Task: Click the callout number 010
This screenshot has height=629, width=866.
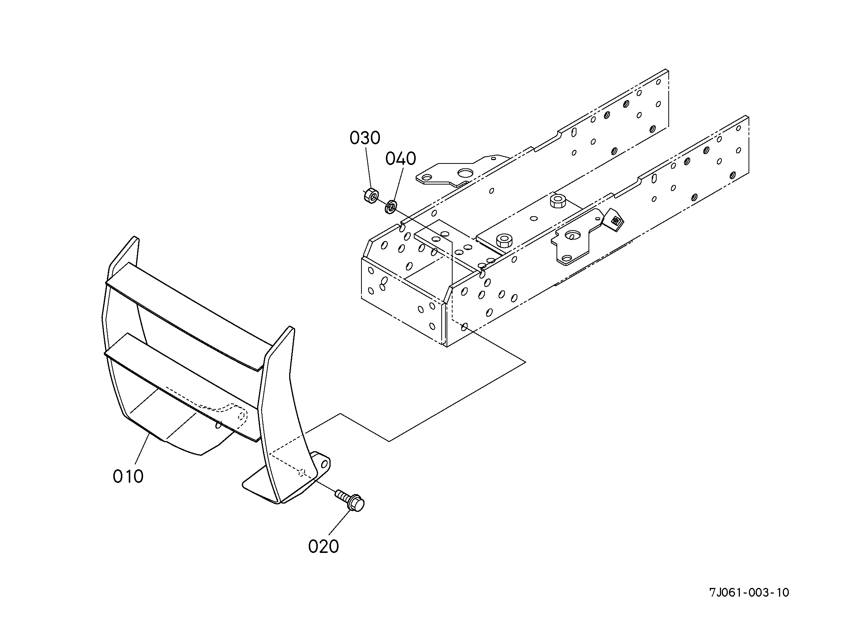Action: (128, 476)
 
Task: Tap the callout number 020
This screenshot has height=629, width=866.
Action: (323, 547)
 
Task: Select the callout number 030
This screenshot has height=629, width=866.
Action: (364, 138)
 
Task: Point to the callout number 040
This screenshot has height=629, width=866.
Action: (401, 159)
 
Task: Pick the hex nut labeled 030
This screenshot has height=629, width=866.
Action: (370, 195)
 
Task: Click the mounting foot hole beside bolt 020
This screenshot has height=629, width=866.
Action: (325, 464)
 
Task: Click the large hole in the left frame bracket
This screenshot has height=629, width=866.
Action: (465, 174)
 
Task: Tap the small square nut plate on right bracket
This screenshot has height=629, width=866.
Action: (615, 221)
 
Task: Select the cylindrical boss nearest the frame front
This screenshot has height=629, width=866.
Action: (504, 241)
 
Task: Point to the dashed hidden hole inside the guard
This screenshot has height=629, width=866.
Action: (241, 415)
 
